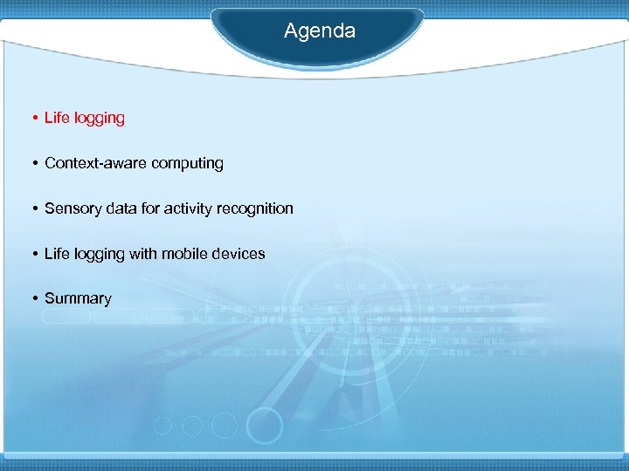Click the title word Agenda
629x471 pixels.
coord(320,31)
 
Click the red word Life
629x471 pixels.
coord(57,118)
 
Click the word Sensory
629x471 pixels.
coord(73,208)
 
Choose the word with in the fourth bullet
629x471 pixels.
coord(143,254)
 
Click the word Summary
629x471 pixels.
coord(78,299)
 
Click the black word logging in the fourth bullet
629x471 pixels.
coord(99,255)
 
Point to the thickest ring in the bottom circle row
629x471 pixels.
coord(264,426)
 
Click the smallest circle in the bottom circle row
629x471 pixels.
coord(162,426)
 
